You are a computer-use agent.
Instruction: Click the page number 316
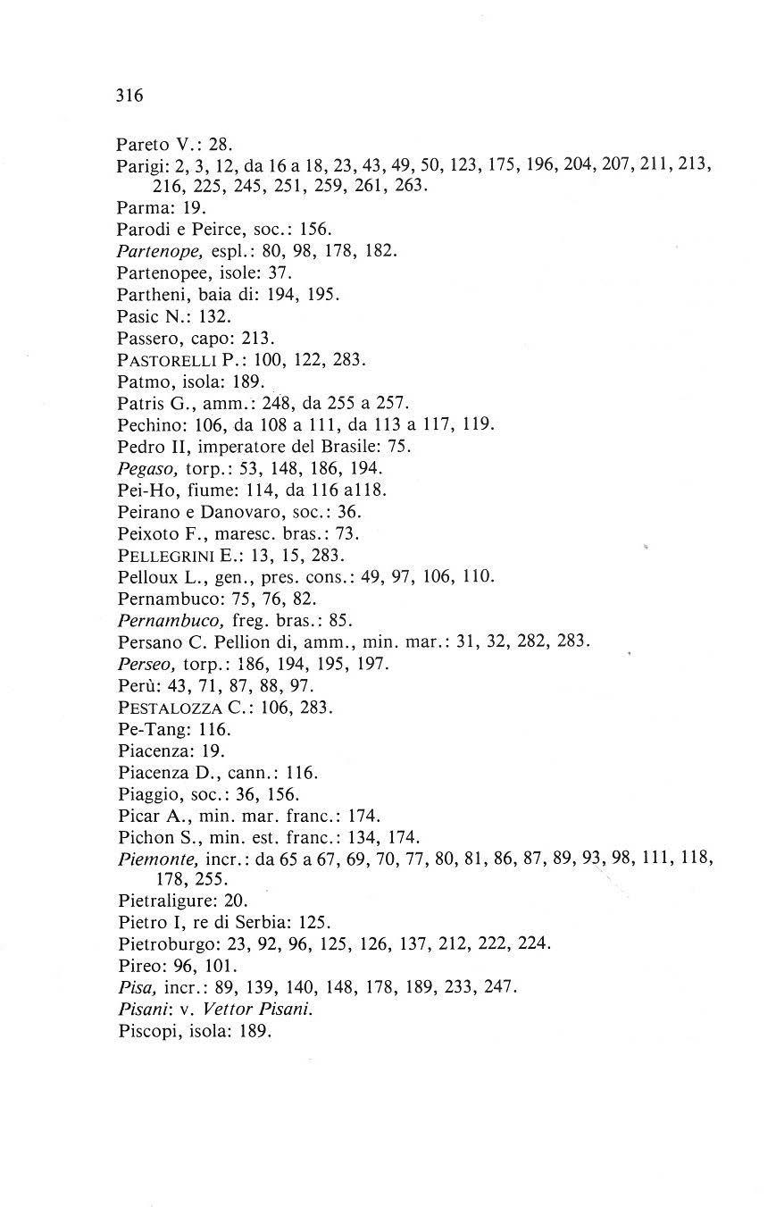(129, 96)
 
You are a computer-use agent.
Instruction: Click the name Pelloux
(146, 576)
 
